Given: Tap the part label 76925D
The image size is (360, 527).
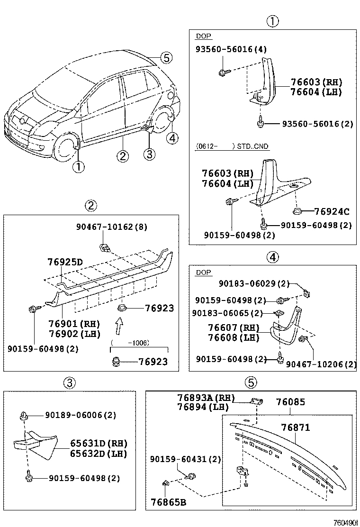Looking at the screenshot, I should click(x=65, y=262).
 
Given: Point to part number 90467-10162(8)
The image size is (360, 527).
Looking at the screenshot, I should click(x=112, y=227).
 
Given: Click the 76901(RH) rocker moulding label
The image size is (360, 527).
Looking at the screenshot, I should click(x=74, y=324).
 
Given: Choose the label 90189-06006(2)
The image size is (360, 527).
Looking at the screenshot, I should click(x=81, y=415).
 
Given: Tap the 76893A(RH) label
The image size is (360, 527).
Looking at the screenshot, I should click(x=206, y=398).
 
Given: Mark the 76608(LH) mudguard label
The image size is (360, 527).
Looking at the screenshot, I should click(x=227, y=337).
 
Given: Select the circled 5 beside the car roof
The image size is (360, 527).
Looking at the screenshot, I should click(x=165, y=58).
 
